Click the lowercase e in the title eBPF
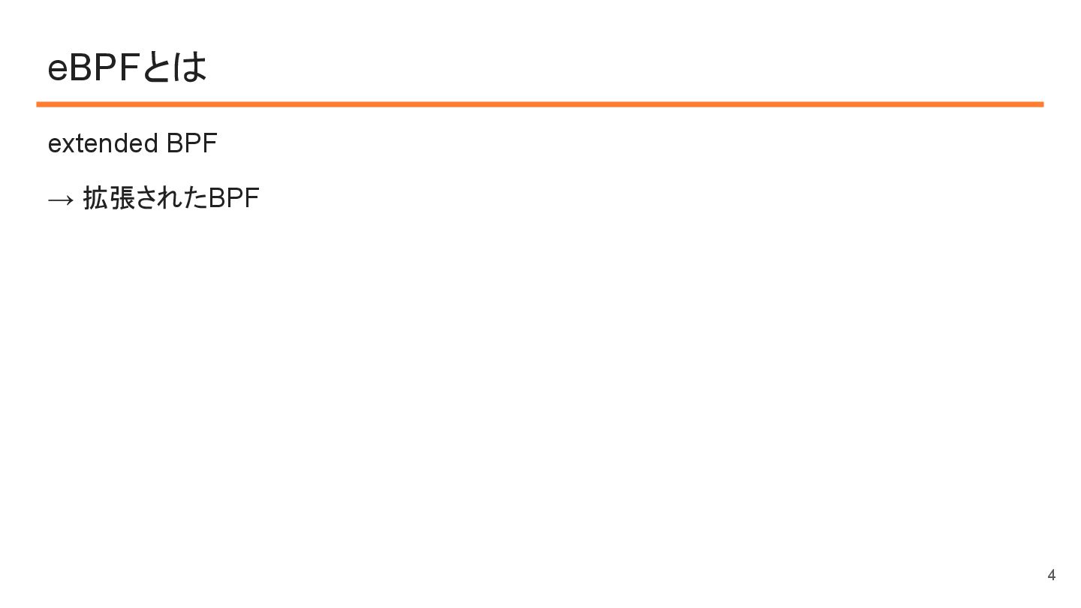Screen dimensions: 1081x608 point(57,68)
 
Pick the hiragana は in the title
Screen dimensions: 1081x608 point(190,68)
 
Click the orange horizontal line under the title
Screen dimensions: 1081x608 point(540,104)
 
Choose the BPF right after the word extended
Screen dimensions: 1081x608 point(191,143)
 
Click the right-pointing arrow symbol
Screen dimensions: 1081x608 point(60,200)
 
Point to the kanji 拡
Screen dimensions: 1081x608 point(95,198)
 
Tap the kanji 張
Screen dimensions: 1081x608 point(122,198)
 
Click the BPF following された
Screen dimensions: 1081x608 point(233,198)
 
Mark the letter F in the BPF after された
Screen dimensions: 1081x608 point(252,198)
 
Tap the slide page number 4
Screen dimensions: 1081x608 point(1051,575)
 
